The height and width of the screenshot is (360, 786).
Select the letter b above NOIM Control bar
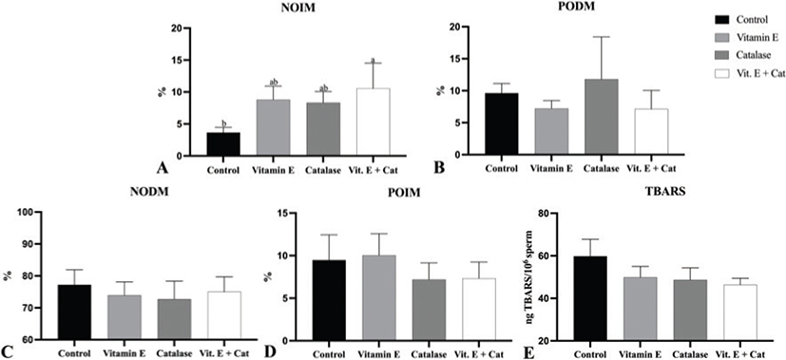pyautogui.click(x=222, y=123)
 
